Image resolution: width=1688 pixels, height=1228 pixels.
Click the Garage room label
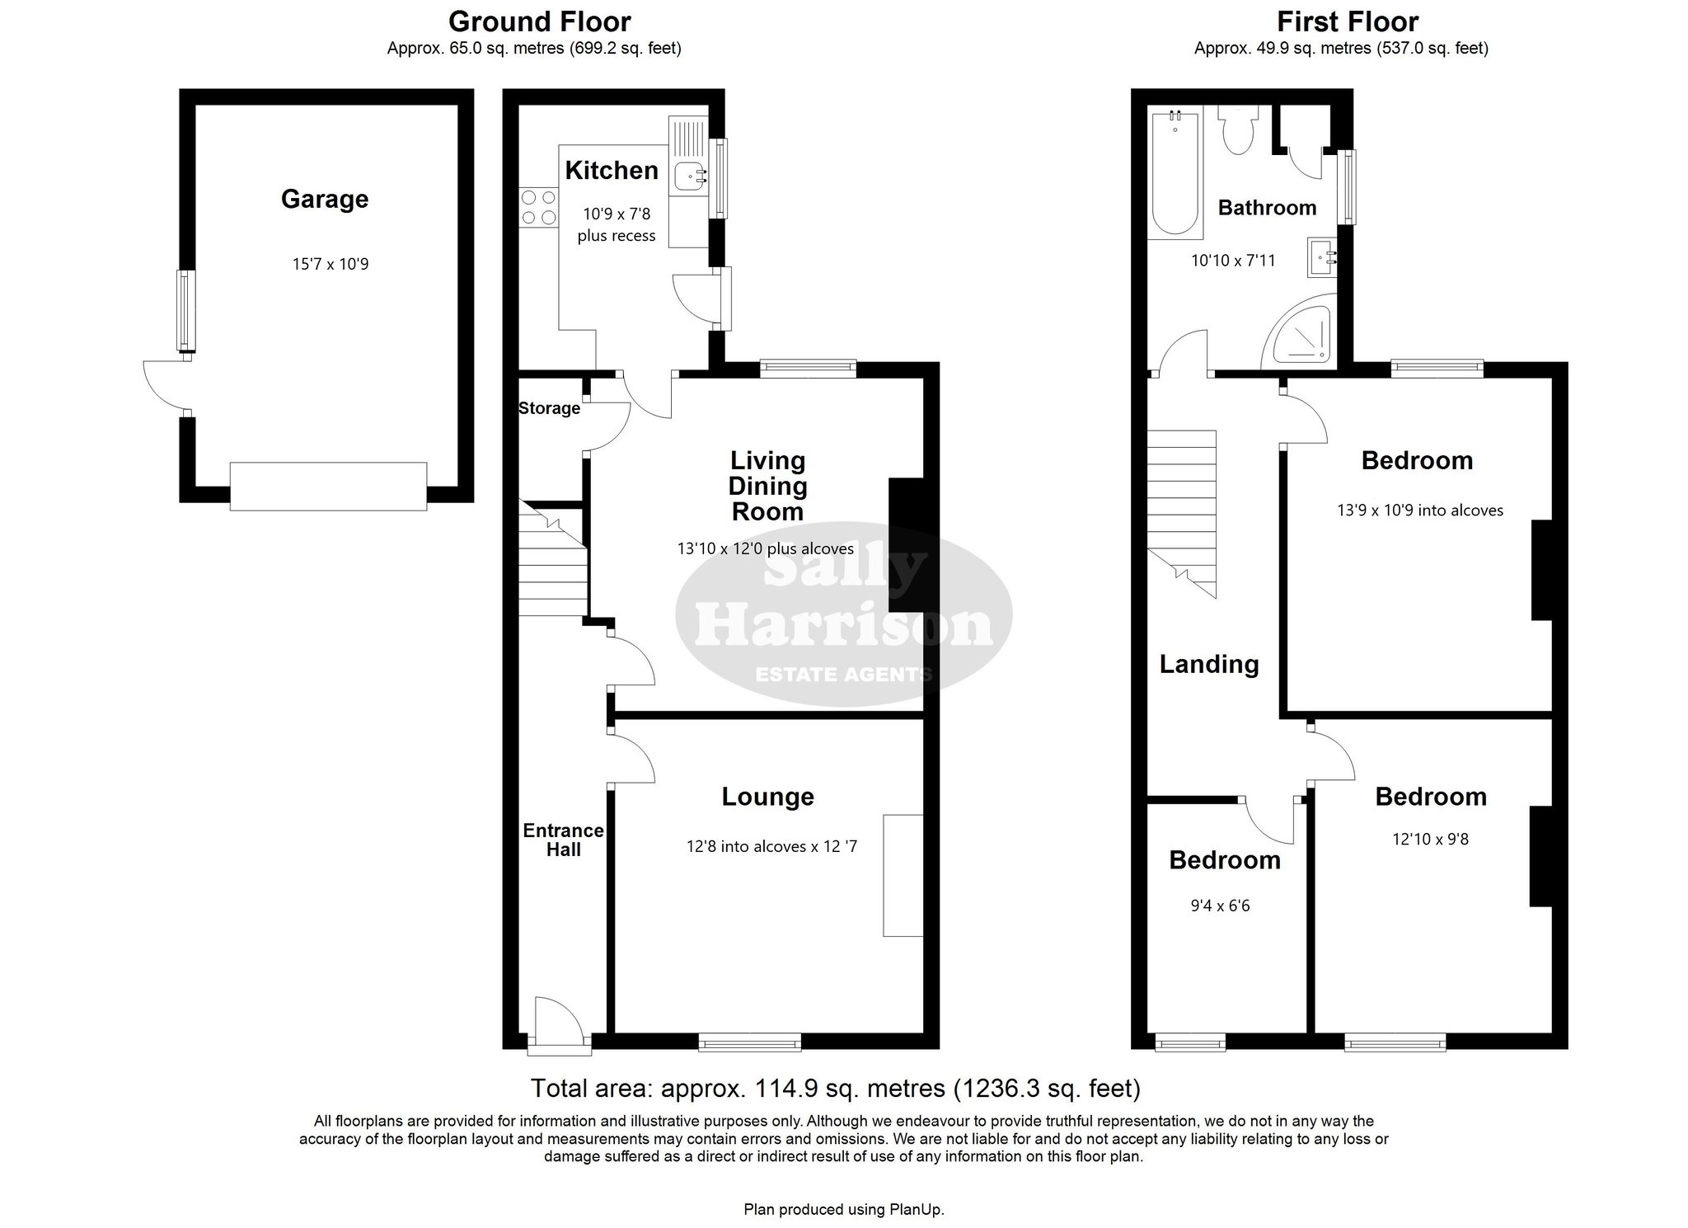[x=325, y=200]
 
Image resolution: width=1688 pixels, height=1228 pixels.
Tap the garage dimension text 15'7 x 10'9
[x=331, y=265]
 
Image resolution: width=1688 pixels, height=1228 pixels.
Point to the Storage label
[x=549, y=408]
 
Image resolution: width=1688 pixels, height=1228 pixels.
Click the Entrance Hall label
[x=564, y=840]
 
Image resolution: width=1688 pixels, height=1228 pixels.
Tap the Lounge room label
[x=768, y=797]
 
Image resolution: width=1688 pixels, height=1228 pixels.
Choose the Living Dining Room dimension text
[x=766, y=548]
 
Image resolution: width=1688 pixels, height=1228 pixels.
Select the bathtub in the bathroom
[x=1175, y=174]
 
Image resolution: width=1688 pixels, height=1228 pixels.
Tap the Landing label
[x=1209, y=665]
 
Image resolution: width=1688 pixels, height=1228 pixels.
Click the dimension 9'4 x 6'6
[x=1220, y=906]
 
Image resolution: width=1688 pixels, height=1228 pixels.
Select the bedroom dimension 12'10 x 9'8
[x=1431, y=840]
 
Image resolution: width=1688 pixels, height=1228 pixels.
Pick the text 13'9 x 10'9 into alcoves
[x=1420, y=510]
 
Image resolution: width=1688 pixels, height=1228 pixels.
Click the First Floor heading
[x=1348, y=21]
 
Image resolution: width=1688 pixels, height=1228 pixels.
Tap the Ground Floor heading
[x=540, y=21]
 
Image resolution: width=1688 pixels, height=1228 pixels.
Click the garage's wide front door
[x=328, y=487]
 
